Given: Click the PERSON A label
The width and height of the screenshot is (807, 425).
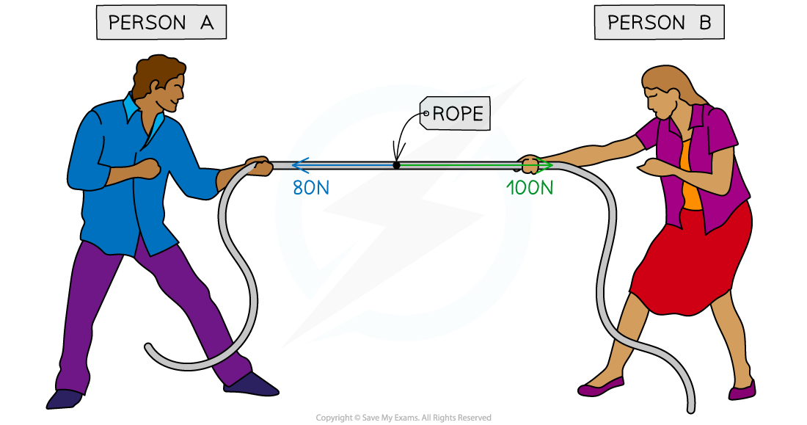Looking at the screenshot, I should [161, 22].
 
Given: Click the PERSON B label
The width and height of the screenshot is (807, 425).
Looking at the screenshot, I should [659, 22].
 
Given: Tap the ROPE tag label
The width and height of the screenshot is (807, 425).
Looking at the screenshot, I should [456, 114].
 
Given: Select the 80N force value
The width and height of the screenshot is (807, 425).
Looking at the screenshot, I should [311, 188].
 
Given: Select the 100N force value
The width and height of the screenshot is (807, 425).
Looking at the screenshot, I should [530, 188].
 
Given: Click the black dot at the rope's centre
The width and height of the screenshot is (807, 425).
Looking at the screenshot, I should [396, 165].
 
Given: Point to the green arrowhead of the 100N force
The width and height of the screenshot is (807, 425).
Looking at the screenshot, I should [547, 165].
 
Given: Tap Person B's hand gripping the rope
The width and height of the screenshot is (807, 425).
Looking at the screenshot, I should [530, 164].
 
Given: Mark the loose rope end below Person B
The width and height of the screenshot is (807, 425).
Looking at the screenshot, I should [690, 404].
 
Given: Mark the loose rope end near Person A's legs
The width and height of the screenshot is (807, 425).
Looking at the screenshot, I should [150, 349].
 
